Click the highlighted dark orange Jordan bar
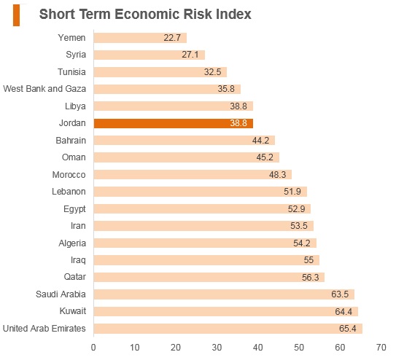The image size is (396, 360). click(174, 123)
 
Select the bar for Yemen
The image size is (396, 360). click(140, 38)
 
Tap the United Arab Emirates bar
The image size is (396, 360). click(228, 329)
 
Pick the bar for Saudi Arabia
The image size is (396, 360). click(224, 294)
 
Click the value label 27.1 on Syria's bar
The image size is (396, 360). click(190, 55)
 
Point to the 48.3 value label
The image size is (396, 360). click(277, 175)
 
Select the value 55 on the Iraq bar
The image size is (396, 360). click(308, 260)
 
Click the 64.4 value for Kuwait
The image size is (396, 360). click(343, 312)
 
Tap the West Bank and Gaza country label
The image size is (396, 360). click(44, 89)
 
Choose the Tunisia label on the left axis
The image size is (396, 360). click(71, 72)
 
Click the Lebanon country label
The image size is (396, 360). click(69, 192)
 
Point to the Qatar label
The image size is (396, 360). click(75, 277)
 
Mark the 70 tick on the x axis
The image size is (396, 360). click(381, 348)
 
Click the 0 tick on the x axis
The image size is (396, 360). click(93, 348)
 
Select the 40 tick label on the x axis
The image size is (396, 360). click(258, 348)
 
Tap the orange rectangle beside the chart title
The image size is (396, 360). click(17, 15)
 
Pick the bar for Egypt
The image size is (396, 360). click(202, 209)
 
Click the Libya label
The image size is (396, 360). click(75, 106)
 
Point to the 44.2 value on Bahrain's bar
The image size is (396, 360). click(260, 140)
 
